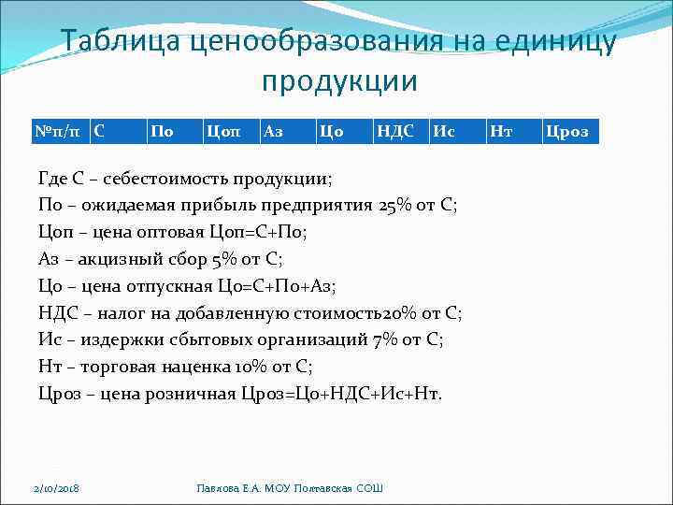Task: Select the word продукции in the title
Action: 338,82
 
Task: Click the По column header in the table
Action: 162,132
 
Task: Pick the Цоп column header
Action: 222,132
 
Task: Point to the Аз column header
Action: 274,132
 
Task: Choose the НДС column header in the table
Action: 394,132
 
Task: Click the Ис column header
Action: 444,132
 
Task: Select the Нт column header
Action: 500,132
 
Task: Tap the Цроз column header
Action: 566,132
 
